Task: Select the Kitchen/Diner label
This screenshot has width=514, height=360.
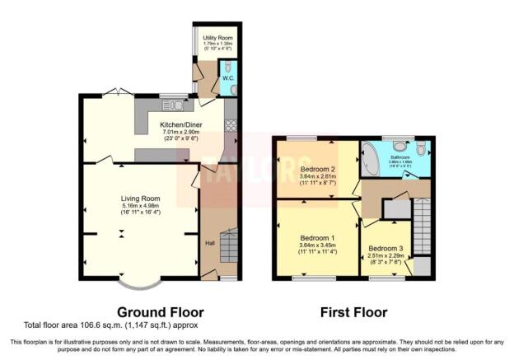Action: (181, 124)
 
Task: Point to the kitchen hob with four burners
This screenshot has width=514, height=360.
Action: (231, 125)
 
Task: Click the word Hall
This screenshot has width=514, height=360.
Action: (210, 241)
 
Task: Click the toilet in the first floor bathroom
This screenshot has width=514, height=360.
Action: (421, 148)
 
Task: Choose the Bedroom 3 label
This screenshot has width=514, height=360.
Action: (385, 248)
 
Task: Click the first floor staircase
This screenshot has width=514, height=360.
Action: (421, 223)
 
